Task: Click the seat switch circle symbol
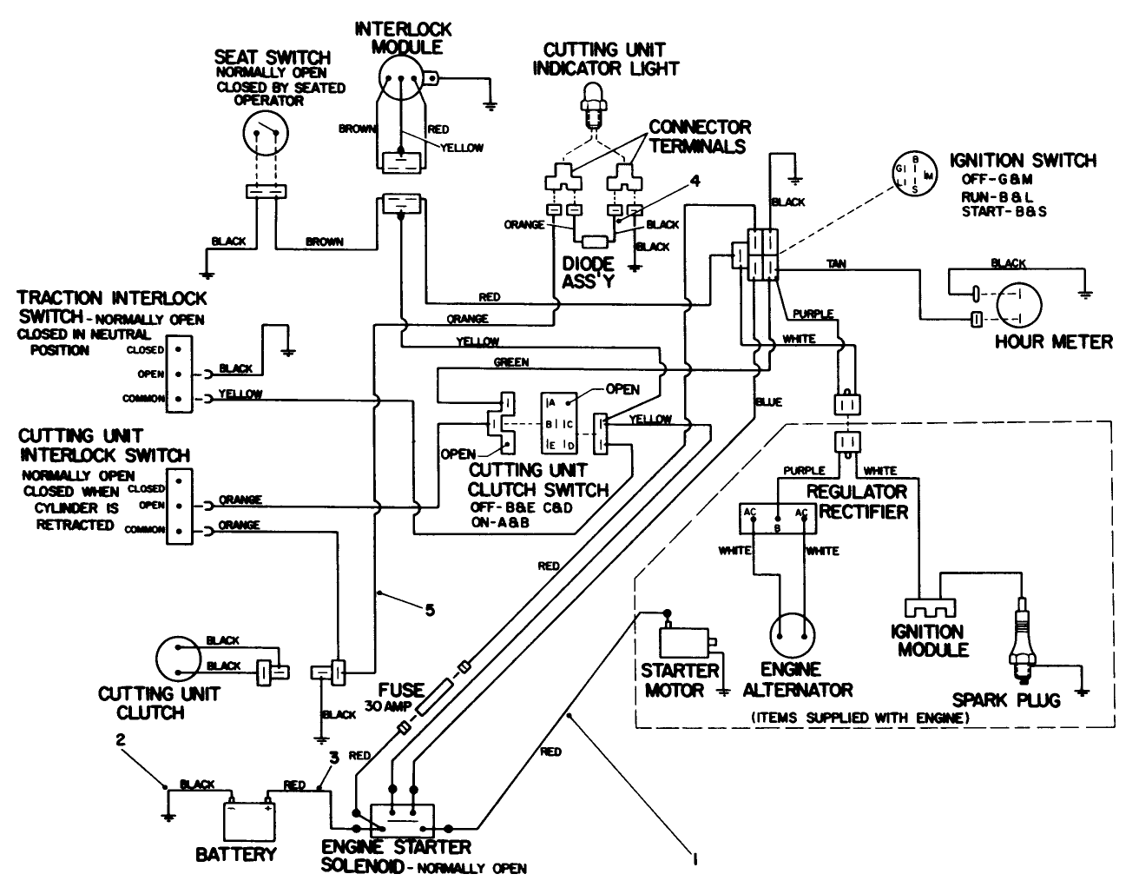pos(264,135)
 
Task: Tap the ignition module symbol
pos(927,609)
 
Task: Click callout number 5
pos(429,610)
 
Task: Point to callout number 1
pos(694,859)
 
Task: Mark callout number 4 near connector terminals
pos(694,182)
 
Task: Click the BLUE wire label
pos(768,402)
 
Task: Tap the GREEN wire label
pos(510,361)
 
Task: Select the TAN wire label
pos(836,262)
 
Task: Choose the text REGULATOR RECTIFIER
pos(855,501)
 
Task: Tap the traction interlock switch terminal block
pos(178,374)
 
